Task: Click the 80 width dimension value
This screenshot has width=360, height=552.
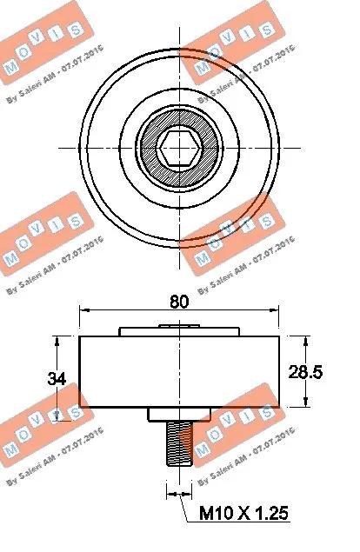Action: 179,302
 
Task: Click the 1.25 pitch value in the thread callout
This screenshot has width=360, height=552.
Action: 267,514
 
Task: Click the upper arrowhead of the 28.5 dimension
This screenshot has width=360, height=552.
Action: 304,339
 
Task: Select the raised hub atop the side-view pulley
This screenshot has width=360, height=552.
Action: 179,330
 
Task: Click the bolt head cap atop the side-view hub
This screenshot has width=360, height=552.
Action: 179,324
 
